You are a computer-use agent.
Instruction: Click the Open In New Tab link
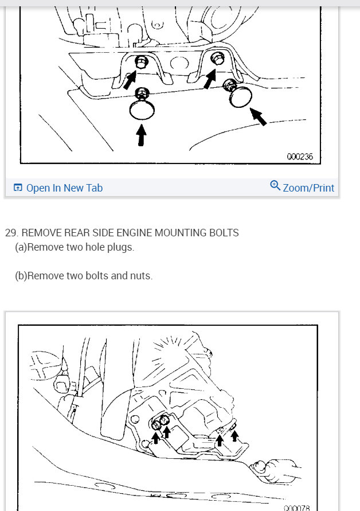pos(64,188)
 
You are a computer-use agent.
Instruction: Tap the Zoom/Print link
pos(308,188)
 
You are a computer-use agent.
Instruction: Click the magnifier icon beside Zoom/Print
pos(275,186)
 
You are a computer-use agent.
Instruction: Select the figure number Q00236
pos(300,156)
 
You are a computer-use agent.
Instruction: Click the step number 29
pos(11,233)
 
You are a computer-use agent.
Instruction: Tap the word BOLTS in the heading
pos(224,233)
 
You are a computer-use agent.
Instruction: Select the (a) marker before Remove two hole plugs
pos(21,247)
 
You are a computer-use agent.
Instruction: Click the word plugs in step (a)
pos(122,247)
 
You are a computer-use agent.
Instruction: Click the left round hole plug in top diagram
pos(141,108)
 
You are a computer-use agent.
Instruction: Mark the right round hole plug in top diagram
pos(240,98)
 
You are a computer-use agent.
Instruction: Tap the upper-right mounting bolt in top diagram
pos(218,58)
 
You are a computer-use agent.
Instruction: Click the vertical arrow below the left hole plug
pos(141,135)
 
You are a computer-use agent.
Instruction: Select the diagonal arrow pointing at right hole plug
pos(259,118)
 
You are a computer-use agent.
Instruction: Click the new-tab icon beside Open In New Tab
pos(18,188)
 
